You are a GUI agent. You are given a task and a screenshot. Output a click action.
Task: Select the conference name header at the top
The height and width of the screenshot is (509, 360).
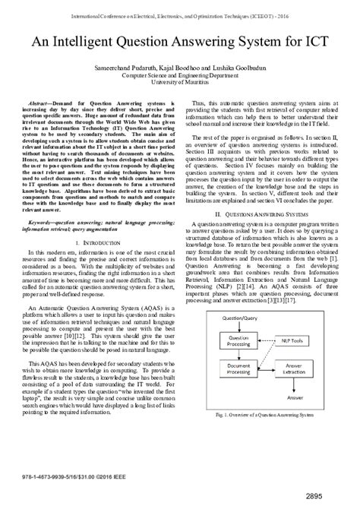pyautogui.click(x=179, y=14)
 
